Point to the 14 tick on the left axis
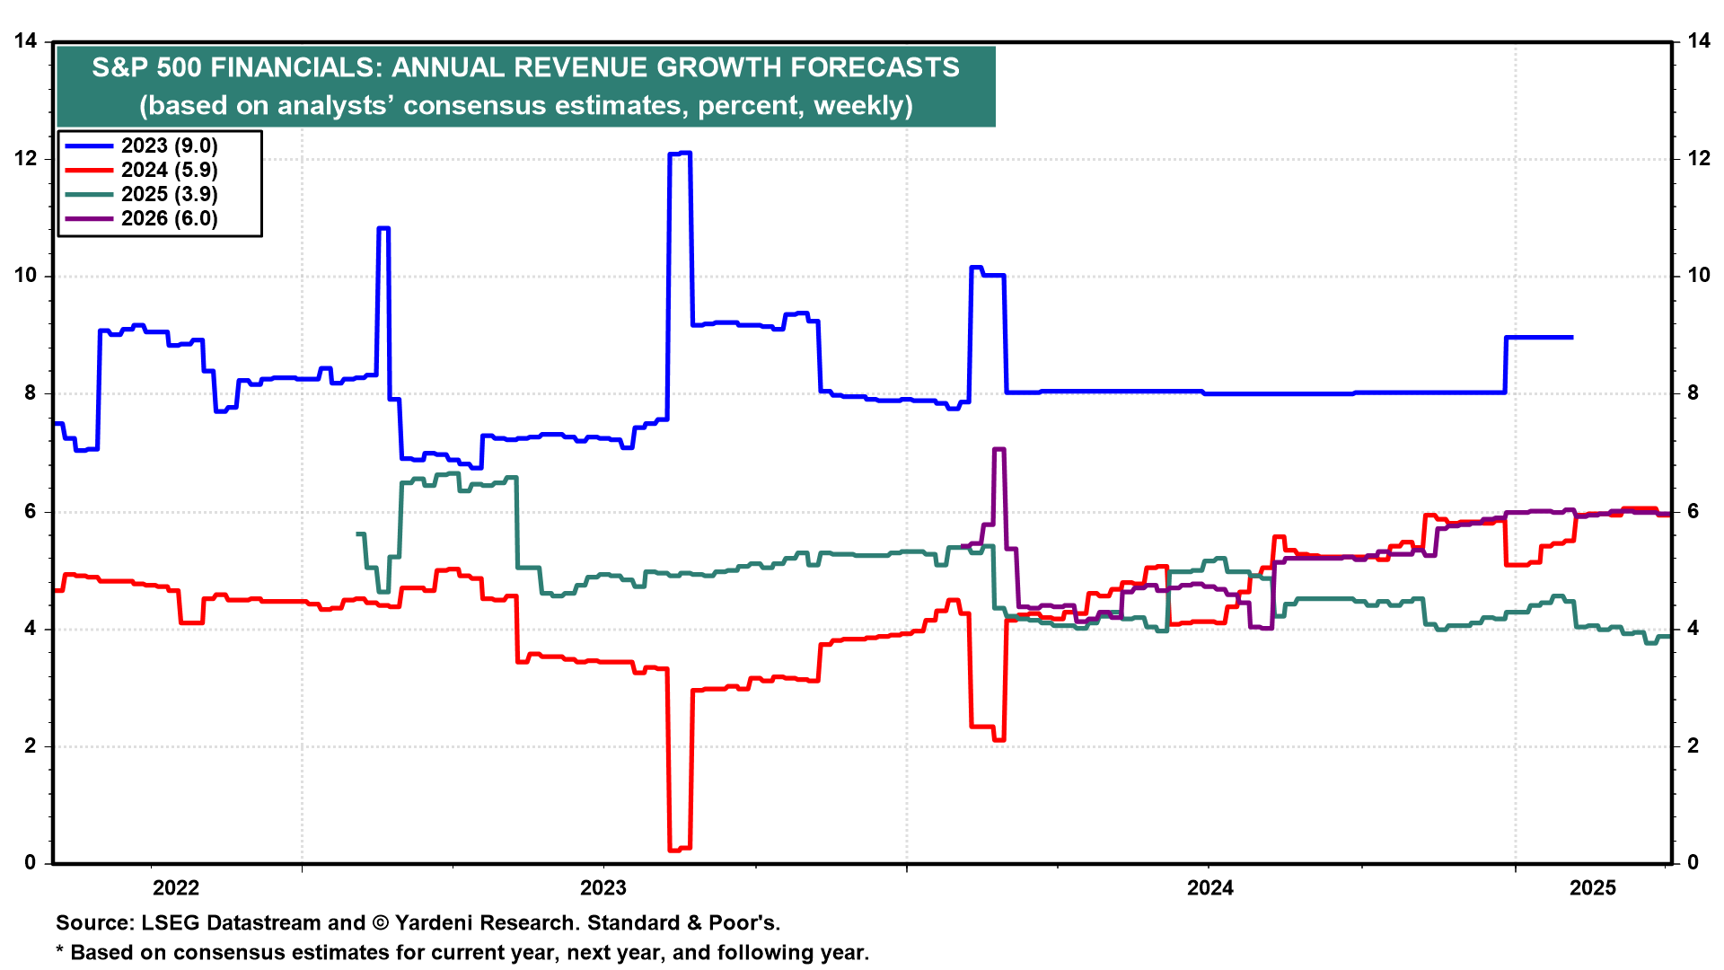coord(26,41)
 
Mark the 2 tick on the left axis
coord(31,746)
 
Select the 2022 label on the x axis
coord(176,888)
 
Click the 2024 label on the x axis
coord(1210,888)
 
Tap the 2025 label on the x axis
coord(1593,888)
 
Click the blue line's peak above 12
coord(680,154)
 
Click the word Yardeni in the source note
coord(435,923)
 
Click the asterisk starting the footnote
coord(60,951)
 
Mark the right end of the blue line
coord(1571,338)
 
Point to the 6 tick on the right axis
coord(1693,512)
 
